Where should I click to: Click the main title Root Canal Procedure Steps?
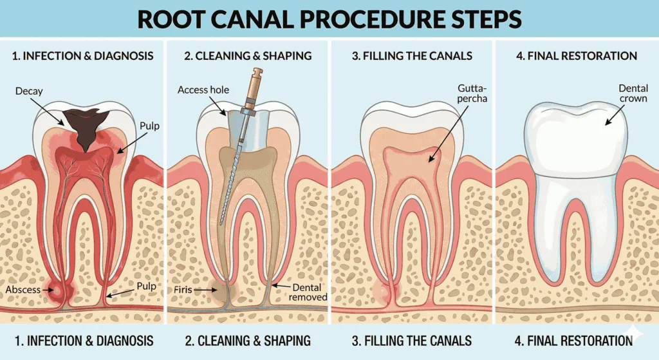[x=329, y=19]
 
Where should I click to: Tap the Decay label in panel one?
[x=29, y=91]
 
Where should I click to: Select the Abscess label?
[x=23, y=290]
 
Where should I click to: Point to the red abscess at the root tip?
[x=62, y=292]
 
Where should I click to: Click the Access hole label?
[x=203, y=90]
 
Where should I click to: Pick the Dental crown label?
[x=633, y=93]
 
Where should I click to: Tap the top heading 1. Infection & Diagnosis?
[x=83, y=56]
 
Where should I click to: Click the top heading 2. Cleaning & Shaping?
[x=248, y=56]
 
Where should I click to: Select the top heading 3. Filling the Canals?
[x=412, y=56]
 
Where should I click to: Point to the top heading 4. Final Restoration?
[x=577, y=56]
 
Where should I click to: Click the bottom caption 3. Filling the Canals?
[x=412, y=340]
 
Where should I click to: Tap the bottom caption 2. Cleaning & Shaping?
[x=248, y=340]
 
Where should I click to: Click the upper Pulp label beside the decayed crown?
[x=149, y=127]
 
